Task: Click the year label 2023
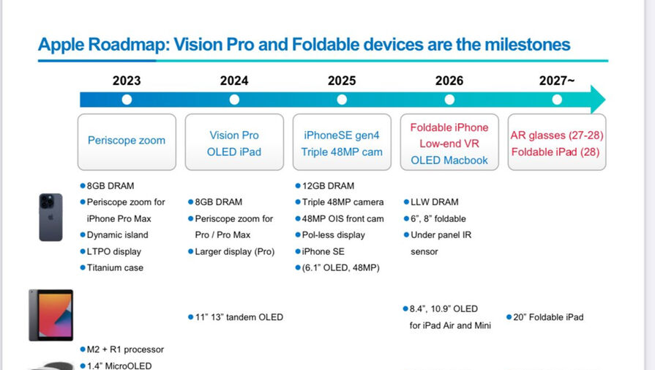click(127, 81)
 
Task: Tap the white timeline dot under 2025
click(342, 100)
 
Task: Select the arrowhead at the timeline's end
click(598, 100)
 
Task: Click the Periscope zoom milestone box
click(127, 142)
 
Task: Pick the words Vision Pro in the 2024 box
click(234, 135)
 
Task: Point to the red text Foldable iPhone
click(449, 127)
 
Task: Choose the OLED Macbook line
click(449, 160)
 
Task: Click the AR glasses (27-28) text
click(557, 136)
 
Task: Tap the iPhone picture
click(51, 217)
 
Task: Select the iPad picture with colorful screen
click(51, 315)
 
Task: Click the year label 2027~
click(557, 81)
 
